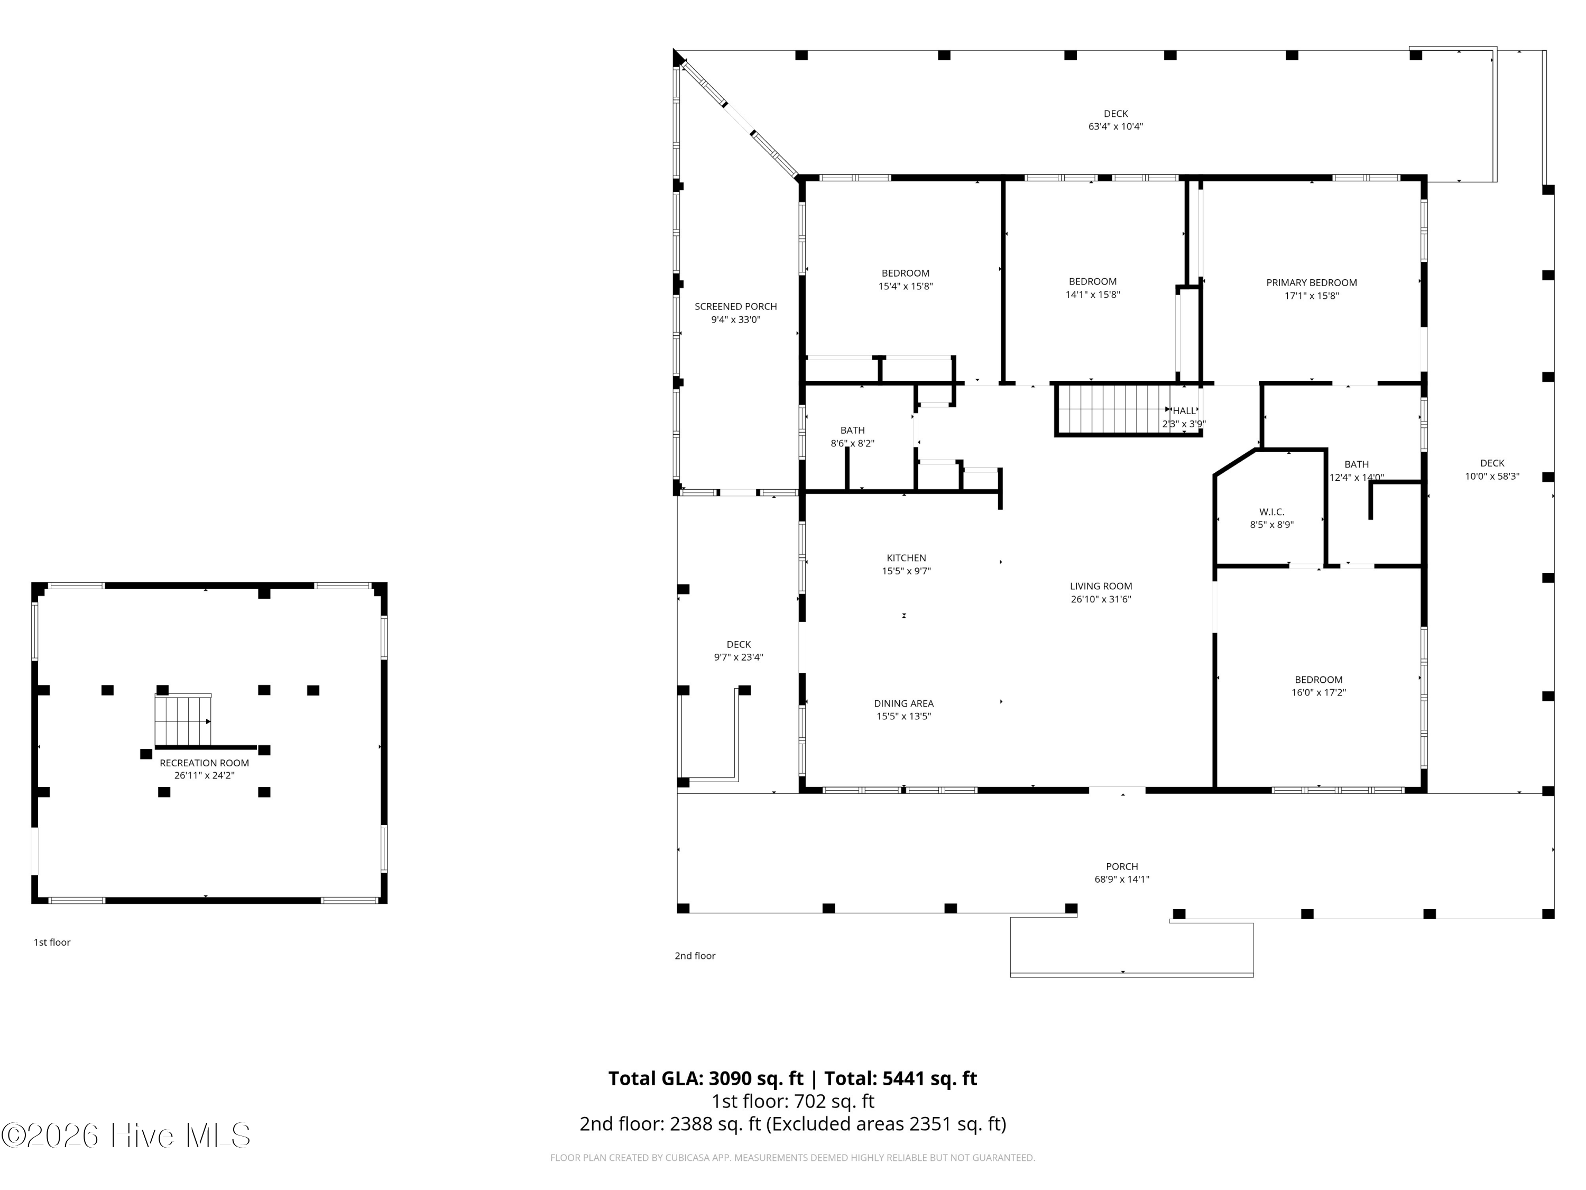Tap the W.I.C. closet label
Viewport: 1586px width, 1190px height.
coord(1271,511)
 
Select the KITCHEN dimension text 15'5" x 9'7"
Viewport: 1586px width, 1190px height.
coord(906,571)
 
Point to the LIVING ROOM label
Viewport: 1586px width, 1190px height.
coord(1101,586)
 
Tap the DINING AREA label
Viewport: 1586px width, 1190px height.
coord(903,703)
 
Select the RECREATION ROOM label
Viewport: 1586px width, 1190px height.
coord(205,763)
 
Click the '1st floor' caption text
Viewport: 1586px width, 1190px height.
coord(52,942)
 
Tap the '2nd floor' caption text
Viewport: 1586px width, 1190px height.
coord(694,956)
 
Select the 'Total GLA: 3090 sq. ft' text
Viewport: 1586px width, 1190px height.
coord(706,1078)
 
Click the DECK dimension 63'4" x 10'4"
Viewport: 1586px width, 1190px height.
coord(1115,126)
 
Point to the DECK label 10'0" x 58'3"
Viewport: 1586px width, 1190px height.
coord(1491,463)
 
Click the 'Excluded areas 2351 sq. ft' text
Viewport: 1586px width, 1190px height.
coord(886,1123)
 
